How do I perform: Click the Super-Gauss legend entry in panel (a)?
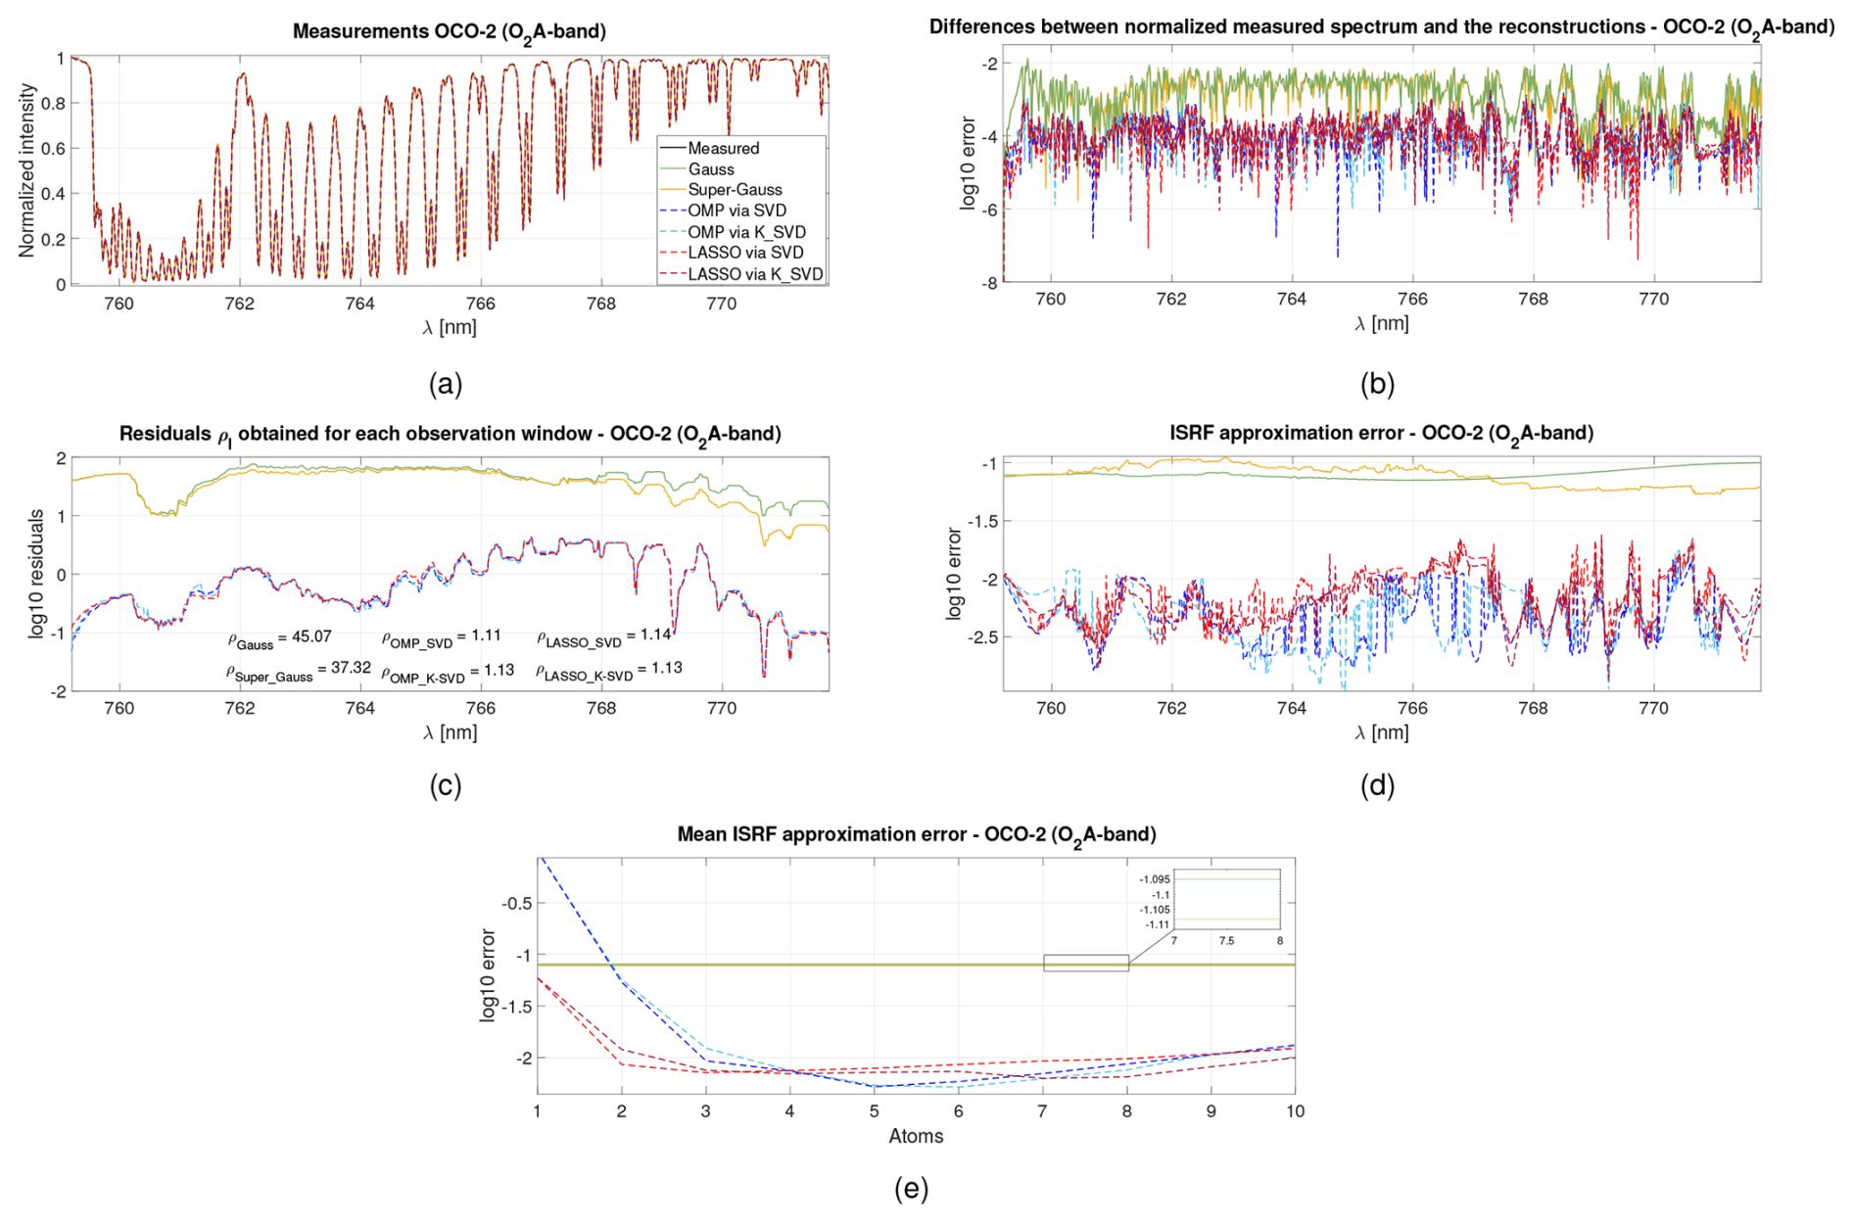pyautogui.click(x=735, y=190)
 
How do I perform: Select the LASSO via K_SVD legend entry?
pyautogui.click(x=755, y=274)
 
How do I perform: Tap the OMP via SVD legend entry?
pyautogui.click(x=736, y=211)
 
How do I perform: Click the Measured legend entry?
pyautogui.click(x=723, y=148)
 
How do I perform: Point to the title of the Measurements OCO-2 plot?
pyautogui.click(x=450, y=31)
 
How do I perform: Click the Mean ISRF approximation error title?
pyautogui.click(x=917, y=834)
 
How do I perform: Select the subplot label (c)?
pyautogui.click(x=446, y=785)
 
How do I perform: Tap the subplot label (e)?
pyautogui.click(x=911, y=1189)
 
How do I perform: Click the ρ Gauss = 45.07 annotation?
pyautogui.click(x=280, y=638)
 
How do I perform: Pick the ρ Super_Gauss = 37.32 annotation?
pyautogui.click(x=299, y=671)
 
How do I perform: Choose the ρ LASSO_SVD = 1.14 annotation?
pyautogui.click(x=603, y=637)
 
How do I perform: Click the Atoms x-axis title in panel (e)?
pyautogui.click(x=916, y=1136)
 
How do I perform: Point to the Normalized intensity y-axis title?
pyautogui.click(x=26, y=170)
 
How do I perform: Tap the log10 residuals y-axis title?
pyautogui.click(x=37, y=574)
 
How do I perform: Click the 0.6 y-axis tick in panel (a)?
pyautogui.click(x=54, y=149)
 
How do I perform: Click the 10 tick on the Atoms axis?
pyautogui.click(x=1295, y=1111)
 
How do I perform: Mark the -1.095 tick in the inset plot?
pyautogui.click(x=1155, y=879)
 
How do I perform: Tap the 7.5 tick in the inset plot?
pyautogui.click(x=1226, y=941)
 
